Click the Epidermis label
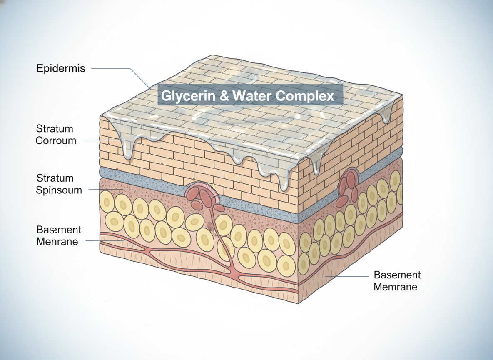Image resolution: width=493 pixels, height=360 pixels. coord(60,68)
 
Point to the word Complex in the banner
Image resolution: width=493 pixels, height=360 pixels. coord(305,97)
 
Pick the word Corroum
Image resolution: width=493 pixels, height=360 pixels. coord(56,140)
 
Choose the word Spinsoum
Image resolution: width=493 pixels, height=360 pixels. coord(59,190)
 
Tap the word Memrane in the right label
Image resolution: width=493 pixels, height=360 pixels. coord(395,287)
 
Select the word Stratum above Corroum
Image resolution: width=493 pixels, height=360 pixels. coord(55,128)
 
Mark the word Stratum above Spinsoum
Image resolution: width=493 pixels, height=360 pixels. coord(55,178)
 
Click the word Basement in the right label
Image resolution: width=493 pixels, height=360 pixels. coord(397,275)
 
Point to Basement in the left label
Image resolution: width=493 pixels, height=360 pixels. coord(59,230)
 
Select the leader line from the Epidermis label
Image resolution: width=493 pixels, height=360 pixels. coord(112,68)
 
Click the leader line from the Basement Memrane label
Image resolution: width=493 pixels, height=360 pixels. coord(348,276)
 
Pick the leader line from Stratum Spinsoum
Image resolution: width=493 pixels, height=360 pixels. coord(104,190)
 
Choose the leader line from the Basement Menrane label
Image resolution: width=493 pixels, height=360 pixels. coord(104,241)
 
